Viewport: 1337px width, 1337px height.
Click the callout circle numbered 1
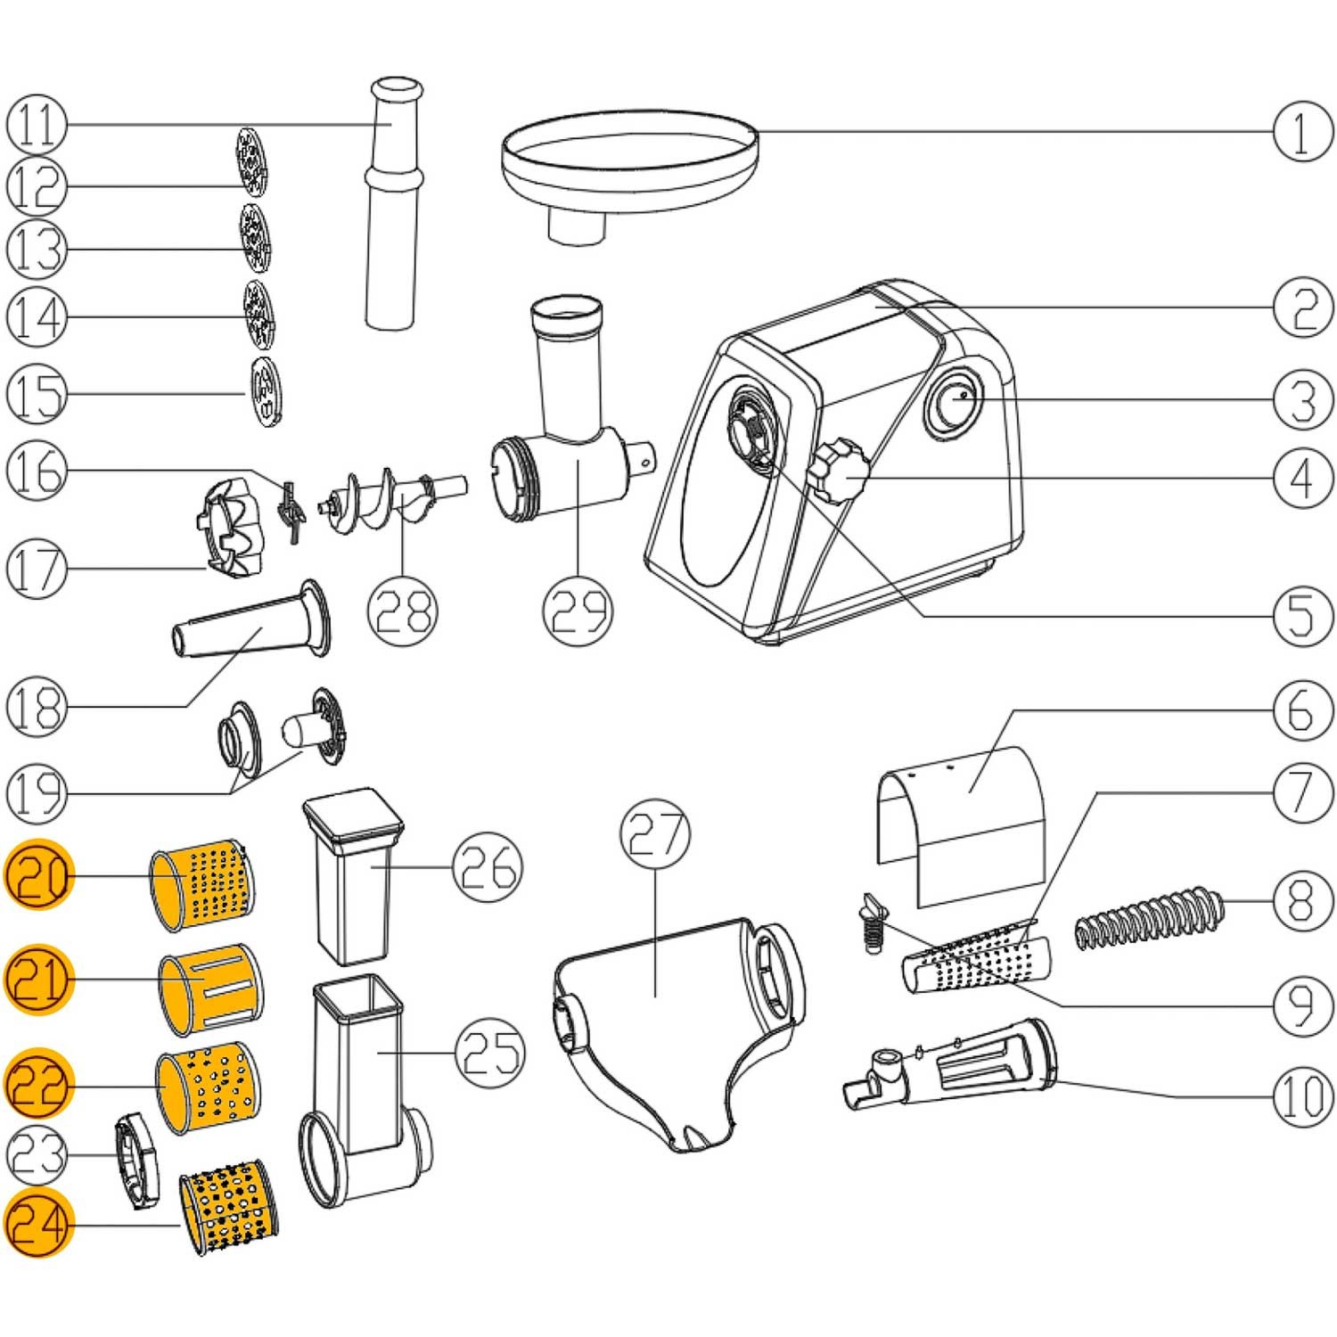click(1302, 131)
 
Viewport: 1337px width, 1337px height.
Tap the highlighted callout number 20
click(38, 876)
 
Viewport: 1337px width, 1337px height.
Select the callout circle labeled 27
click(655, 833)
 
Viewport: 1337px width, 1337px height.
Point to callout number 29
click(578, 610)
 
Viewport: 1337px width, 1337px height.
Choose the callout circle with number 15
click(37, 393)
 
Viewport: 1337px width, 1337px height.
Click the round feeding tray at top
click(628, 165)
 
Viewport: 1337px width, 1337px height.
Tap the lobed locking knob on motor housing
click(838, 470)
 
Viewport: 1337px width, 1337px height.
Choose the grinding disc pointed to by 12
click(251, 160)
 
